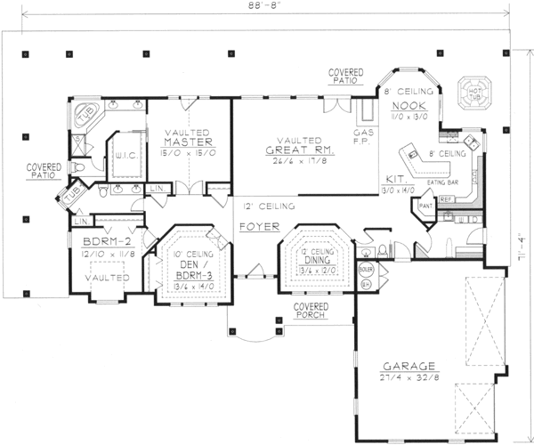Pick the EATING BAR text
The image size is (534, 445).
[442, 182]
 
